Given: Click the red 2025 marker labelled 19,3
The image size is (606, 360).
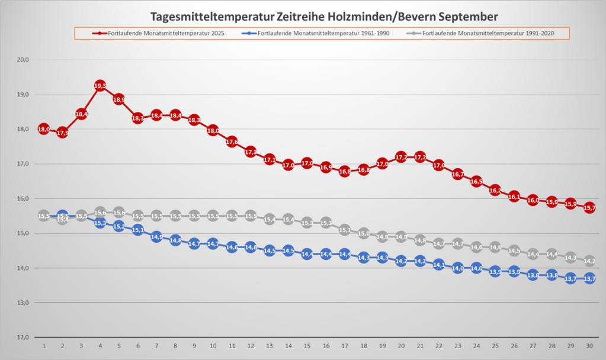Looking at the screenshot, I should pos(100,86).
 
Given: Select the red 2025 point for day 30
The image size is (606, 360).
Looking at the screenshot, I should pos(589,208).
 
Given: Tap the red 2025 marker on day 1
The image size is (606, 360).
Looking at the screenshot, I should pos(44,129).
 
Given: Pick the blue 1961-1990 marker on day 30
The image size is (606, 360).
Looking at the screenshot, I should pos(589,278).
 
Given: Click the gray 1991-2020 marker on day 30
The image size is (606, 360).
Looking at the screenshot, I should pos(589,261).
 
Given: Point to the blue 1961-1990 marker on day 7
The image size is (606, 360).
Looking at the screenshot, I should pos(156,237).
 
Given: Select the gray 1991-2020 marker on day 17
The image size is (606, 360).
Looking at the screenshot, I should pos(344,230).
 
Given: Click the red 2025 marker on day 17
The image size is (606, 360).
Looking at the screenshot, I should pos(344,171).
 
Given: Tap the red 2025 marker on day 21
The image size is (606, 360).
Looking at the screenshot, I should pos(419,157).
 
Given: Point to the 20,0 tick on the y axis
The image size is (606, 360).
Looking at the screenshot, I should pos(24,60).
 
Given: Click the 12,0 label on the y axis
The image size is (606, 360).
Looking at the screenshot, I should pos(24,337).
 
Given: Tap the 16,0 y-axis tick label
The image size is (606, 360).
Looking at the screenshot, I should pos(24,198).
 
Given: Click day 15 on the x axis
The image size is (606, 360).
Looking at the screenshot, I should pos(307,345).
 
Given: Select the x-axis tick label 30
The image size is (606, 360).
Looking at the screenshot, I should pos(589,345).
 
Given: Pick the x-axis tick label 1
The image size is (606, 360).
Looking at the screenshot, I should pos(44,345).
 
